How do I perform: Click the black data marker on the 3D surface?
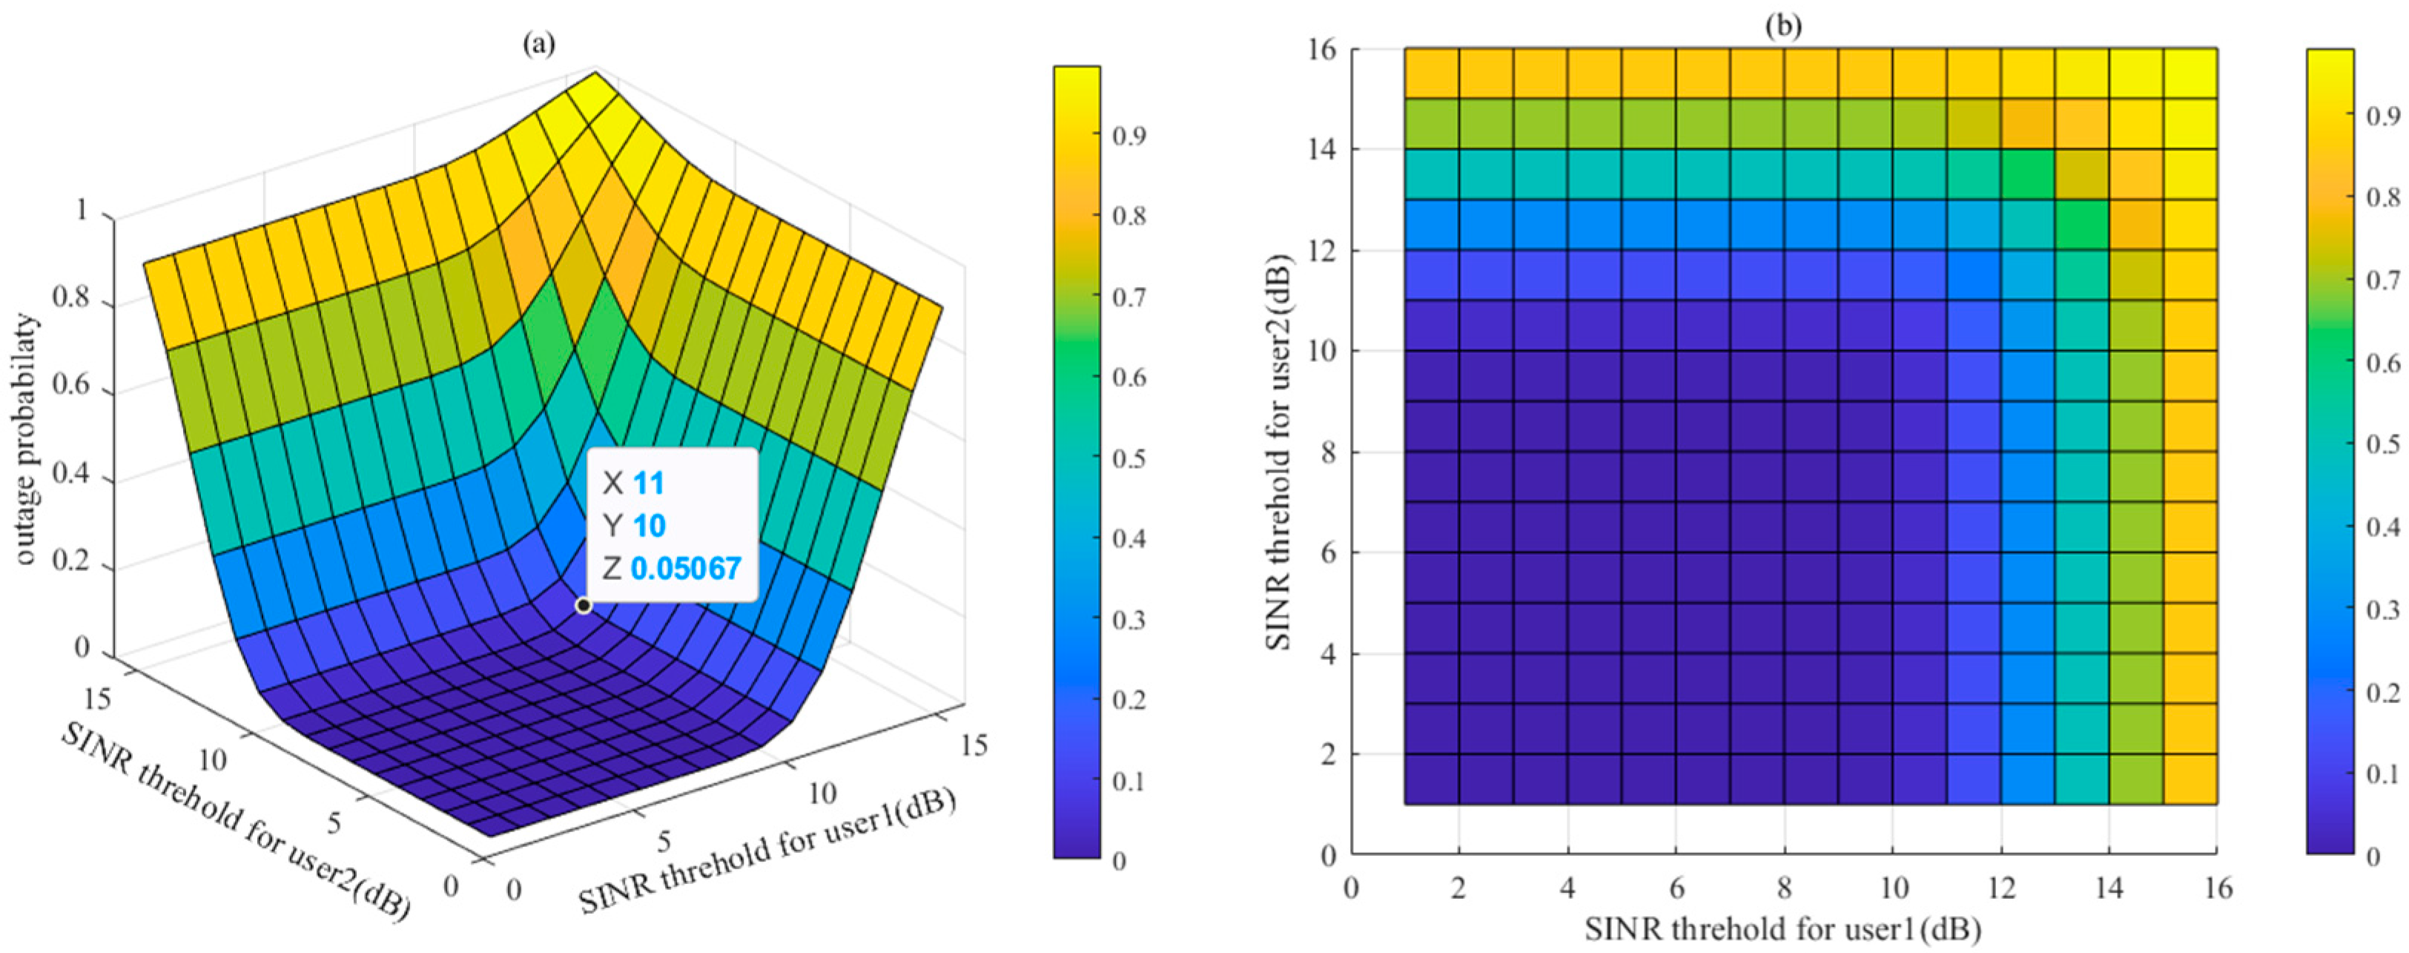(x=584, y=605)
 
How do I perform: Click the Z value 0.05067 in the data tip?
(x=686, y=567)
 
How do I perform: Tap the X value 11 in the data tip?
(x=648, y=484)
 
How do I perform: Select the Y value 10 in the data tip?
(x=648, y=526)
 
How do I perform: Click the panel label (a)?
(x=540, y=44)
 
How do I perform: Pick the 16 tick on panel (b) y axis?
(x=1324, y=49)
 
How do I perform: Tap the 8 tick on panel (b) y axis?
(x=1329, y=452)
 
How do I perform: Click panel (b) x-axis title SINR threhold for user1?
(x=1782, y=929)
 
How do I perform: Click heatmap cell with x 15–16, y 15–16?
(x=2190, y=73)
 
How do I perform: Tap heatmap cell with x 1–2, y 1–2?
(x=1432, y=779)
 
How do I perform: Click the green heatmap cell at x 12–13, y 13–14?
(x=2027, y=174)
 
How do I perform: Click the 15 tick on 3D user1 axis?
(x=973, y=744)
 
